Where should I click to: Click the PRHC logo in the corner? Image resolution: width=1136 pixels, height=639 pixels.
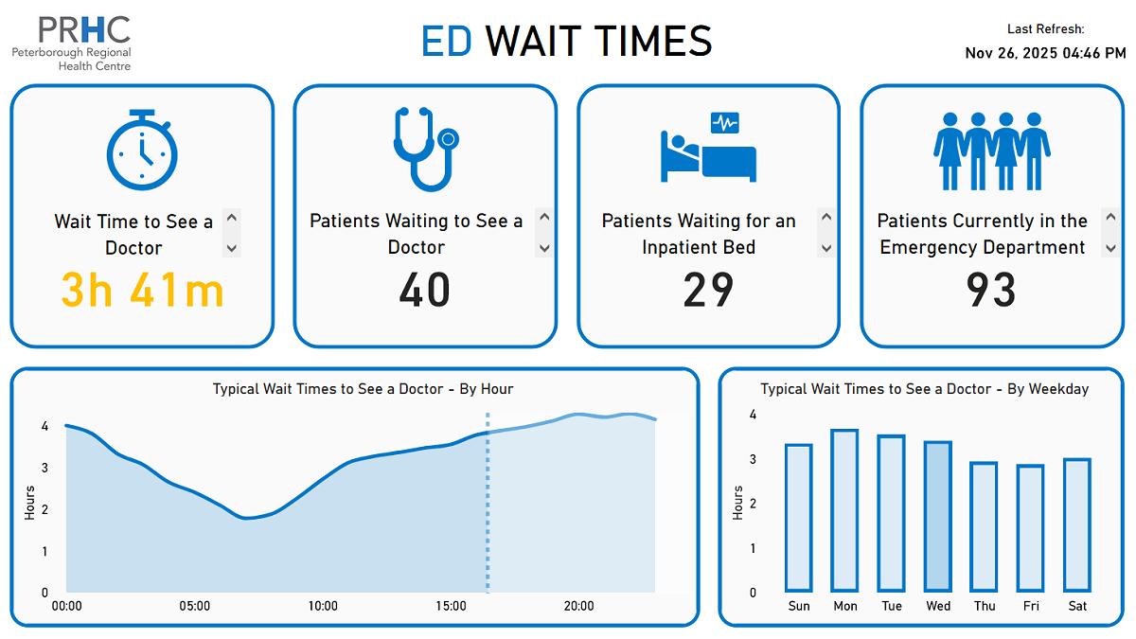coord(72,43)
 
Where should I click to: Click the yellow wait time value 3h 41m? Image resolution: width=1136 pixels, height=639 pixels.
coord(142,290)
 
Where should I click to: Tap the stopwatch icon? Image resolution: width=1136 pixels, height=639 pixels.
coord(142,150)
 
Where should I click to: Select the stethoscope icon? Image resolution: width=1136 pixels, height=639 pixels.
coord(425,150)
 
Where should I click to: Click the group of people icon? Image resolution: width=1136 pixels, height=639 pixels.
coord(992,151)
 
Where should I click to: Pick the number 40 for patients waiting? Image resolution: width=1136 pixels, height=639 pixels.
coord(424,290)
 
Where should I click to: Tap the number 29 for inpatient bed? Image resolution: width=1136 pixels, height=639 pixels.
coord(708,290)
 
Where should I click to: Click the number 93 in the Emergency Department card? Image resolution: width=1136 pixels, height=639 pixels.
coord(991,290)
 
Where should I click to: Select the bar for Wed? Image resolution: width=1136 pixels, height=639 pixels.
coord(938,516)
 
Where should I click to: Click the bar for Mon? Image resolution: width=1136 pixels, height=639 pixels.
coord(844,510)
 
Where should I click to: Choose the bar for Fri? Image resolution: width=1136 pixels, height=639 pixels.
coord(1031,528)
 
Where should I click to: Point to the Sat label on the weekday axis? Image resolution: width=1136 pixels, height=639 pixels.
coord(1077,606)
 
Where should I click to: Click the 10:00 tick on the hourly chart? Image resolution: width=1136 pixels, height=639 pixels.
coord(323,606)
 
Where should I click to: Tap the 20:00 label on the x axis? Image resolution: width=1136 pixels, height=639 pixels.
coord(578,606)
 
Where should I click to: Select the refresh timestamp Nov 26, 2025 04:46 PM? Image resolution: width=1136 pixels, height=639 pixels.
coord(1045,53)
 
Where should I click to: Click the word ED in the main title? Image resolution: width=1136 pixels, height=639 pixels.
coord(446,42)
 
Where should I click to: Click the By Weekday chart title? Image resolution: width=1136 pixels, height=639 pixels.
coord(924,389)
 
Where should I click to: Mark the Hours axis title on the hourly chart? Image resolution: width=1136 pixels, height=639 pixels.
coord(29,503)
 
